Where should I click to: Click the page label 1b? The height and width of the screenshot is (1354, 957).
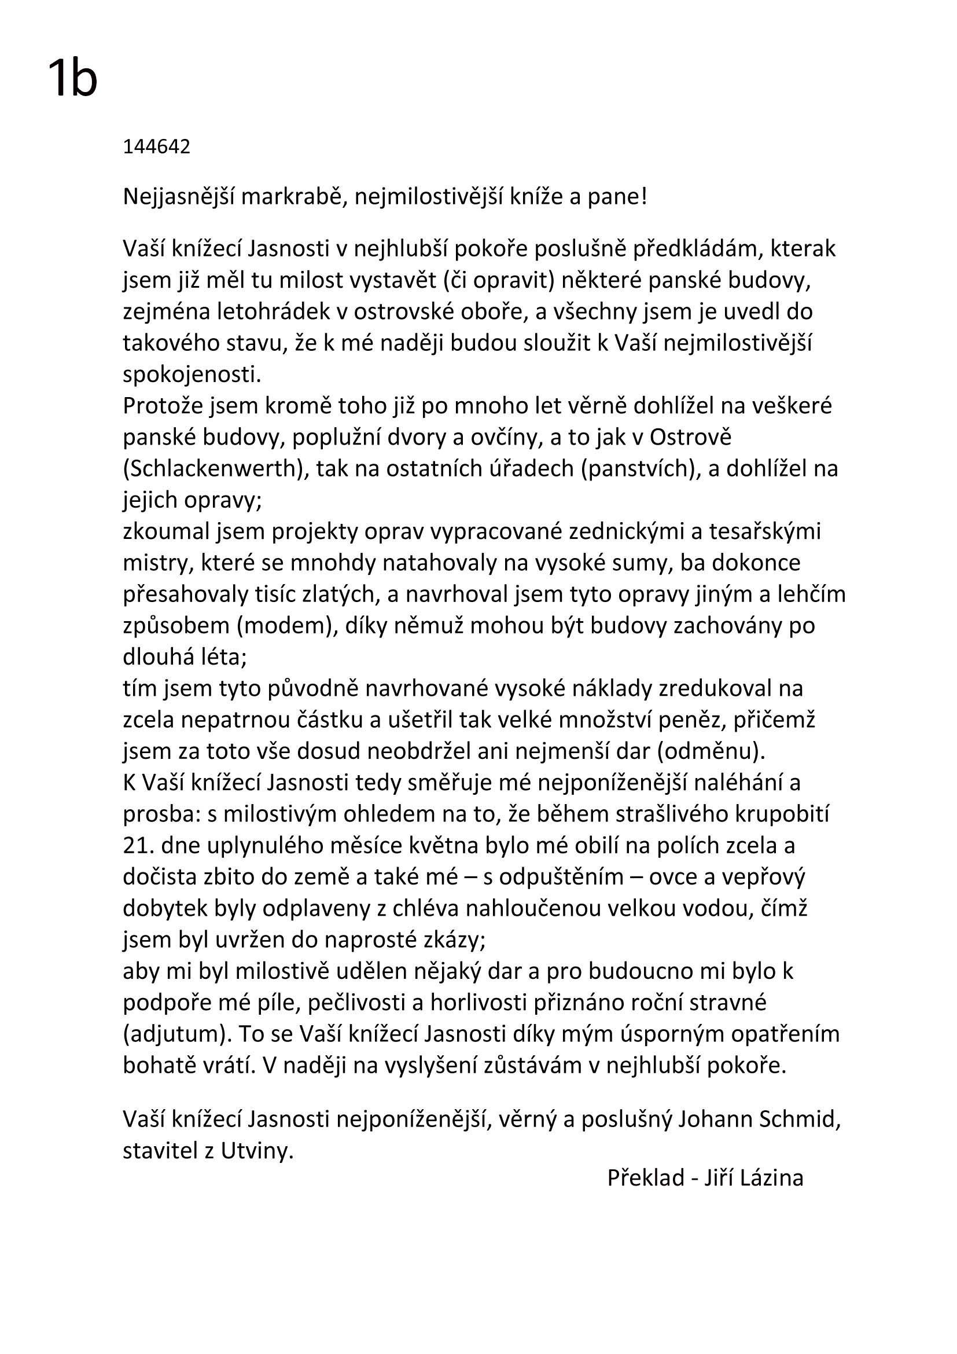(72, 80)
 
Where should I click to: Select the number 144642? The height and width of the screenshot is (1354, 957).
(156, 147)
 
